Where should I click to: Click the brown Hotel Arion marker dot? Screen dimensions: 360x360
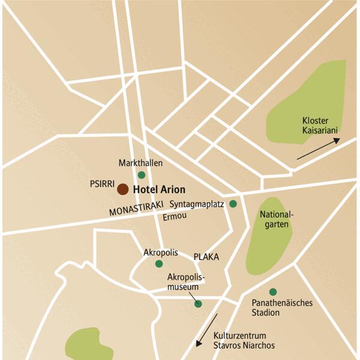click(122, 189)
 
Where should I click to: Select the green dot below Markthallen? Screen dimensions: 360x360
click(142, 175)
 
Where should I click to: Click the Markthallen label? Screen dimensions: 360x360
click(141, 163)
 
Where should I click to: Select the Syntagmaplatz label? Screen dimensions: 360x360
click(197, 204)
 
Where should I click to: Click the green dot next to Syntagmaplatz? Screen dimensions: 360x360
click(233, 204)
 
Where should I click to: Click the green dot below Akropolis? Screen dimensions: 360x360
click(159, 263)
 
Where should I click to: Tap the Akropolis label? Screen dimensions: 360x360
click(161, 253)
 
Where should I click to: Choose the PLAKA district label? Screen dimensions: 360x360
click(206, 257)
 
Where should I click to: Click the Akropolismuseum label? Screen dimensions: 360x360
click(186, 281)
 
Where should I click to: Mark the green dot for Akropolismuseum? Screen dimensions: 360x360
click(198, 304)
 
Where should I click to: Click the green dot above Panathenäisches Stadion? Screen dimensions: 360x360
click(273, 292)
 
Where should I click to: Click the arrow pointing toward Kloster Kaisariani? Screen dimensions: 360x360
click(318, 148)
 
